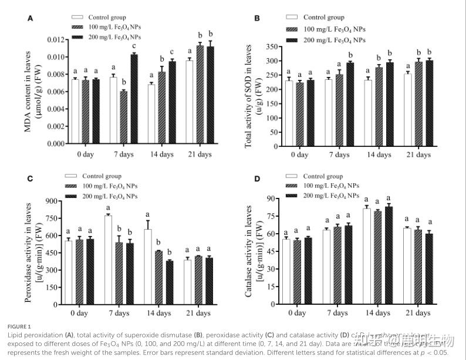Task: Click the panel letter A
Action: tap(31, 19)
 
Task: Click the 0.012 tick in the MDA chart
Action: tap(56, 39)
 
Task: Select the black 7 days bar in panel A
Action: tap(134, 99)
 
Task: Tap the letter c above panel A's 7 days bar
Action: tap(134, 47)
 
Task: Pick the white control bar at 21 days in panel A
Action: tap(189, 102)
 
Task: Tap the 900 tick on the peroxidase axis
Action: tap(55, 201)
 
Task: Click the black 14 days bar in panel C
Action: tap(170, 282)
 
